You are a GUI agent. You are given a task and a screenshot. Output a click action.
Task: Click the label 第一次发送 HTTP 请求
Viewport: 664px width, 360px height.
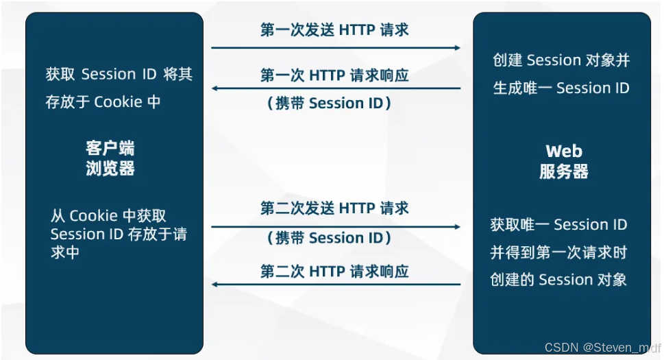[x=334, y=29]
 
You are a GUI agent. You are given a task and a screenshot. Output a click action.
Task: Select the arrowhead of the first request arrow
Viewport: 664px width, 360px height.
[x=457, y=48]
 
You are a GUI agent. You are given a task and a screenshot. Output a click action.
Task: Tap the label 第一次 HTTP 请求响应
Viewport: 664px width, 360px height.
[x=334, y=75]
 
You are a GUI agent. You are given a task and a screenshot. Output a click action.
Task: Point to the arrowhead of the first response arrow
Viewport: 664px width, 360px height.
[x=215, y=88]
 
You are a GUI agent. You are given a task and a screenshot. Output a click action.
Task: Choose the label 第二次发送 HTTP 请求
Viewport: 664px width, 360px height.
[x=334, y=208]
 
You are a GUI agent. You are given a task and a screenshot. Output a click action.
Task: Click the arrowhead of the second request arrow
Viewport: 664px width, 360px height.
[x=457, y=226]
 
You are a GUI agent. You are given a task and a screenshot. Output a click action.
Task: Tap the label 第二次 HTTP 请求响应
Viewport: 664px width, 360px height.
[x=334, y=272]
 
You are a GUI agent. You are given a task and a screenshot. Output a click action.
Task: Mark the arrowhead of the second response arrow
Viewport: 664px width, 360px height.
[x=215, y=283]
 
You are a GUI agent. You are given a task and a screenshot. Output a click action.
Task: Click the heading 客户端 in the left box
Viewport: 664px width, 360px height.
[x=110, y=148]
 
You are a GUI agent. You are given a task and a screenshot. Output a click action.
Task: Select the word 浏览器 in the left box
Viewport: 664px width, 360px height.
[x=110, y=169]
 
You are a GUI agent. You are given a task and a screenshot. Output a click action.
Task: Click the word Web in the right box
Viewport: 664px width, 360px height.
[x=563, y=151]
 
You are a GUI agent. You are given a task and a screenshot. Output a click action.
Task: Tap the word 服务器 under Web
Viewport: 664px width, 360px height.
[x=563, y=171]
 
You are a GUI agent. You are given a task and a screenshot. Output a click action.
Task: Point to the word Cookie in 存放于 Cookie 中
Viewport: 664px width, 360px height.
[x=118, y=102]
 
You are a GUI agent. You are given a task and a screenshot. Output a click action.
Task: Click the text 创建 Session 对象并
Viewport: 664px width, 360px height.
[x=561, y=60]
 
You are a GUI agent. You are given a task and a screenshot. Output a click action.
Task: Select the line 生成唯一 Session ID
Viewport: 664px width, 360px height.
[x=561, y=88]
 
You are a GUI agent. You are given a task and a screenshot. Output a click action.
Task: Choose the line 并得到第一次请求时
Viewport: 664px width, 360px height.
[x=558, y=252]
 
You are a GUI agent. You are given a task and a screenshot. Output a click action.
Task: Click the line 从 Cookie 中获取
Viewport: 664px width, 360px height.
[x=108, y=215]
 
